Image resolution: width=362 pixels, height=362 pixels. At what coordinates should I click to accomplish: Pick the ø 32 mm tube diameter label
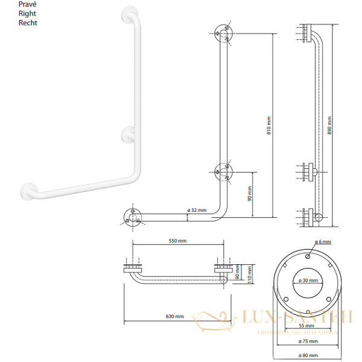coord(197,211)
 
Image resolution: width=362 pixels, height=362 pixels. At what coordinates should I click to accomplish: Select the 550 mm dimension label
coord(178,241)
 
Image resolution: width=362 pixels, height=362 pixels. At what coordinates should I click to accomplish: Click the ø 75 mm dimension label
coord(308,341)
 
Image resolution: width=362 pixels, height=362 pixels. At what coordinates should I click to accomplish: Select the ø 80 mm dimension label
coord(308,355)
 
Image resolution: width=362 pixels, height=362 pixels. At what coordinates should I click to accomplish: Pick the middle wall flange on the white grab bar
coord(129,133)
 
